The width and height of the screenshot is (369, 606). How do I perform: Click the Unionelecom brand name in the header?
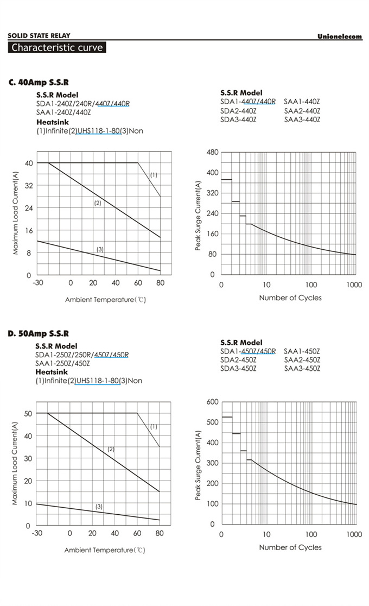tap(339, 36)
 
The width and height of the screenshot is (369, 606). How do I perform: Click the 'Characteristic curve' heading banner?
tap(57, 48)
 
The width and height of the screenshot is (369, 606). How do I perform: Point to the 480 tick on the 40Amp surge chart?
tap(213, 153)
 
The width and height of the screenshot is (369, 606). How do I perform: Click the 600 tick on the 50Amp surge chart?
tap(213, 402)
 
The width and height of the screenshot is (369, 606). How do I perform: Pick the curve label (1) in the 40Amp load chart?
tap(154, 175)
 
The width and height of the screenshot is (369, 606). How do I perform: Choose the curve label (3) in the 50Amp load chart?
tap(99, 507)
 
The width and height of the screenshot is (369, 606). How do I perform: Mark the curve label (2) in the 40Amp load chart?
tap(98, 203)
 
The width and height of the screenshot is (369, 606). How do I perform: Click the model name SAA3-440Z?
tap(302, 119)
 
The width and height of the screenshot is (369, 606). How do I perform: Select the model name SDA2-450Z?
tap(238, 360)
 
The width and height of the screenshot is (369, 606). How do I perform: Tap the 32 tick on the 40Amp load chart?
tap(29, 186)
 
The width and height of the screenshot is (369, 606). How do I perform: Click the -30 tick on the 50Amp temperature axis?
tap(37, 533)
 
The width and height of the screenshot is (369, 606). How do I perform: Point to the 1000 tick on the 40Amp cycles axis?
tap(354, 285)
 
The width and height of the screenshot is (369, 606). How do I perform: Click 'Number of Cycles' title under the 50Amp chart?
tap(290, 547)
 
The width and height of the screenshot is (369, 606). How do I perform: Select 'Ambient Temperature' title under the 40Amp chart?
tap(105, 300)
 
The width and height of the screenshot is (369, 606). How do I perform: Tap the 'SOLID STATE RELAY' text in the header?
tap(39, 36)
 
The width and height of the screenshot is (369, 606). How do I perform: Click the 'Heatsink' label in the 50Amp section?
tap(52, 372)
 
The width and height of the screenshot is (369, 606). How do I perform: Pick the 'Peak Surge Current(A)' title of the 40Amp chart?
tap(199, 216)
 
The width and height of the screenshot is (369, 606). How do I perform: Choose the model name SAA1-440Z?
tap(302, 102)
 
